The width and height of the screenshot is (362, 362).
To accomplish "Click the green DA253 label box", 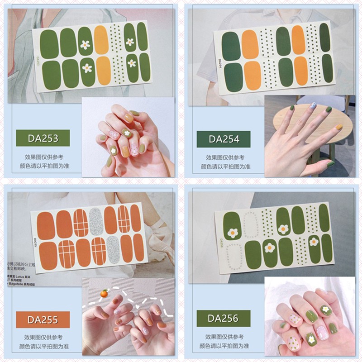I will [x=43, y=138].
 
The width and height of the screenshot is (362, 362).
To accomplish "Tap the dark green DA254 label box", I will [x=224, y=139].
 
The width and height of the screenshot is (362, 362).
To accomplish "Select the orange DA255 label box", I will [x=43, y=320].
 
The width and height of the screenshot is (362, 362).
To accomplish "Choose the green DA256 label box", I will [x=224, y=319].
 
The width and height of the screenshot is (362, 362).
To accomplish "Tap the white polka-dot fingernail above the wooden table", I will [x=313, y=106].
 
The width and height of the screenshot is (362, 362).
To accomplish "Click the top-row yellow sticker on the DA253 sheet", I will [x=102, y=39].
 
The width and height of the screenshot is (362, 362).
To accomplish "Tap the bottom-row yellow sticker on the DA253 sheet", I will [x=103, y=71].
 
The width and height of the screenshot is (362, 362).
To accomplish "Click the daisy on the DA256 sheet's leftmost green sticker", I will [x=233, y=233].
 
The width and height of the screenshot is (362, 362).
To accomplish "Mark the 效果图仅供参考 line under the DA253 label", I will [x=44, y=157].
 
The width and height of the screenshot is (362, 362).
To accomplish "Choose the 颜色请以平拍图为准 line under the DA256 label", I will [x=225, y=346].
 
